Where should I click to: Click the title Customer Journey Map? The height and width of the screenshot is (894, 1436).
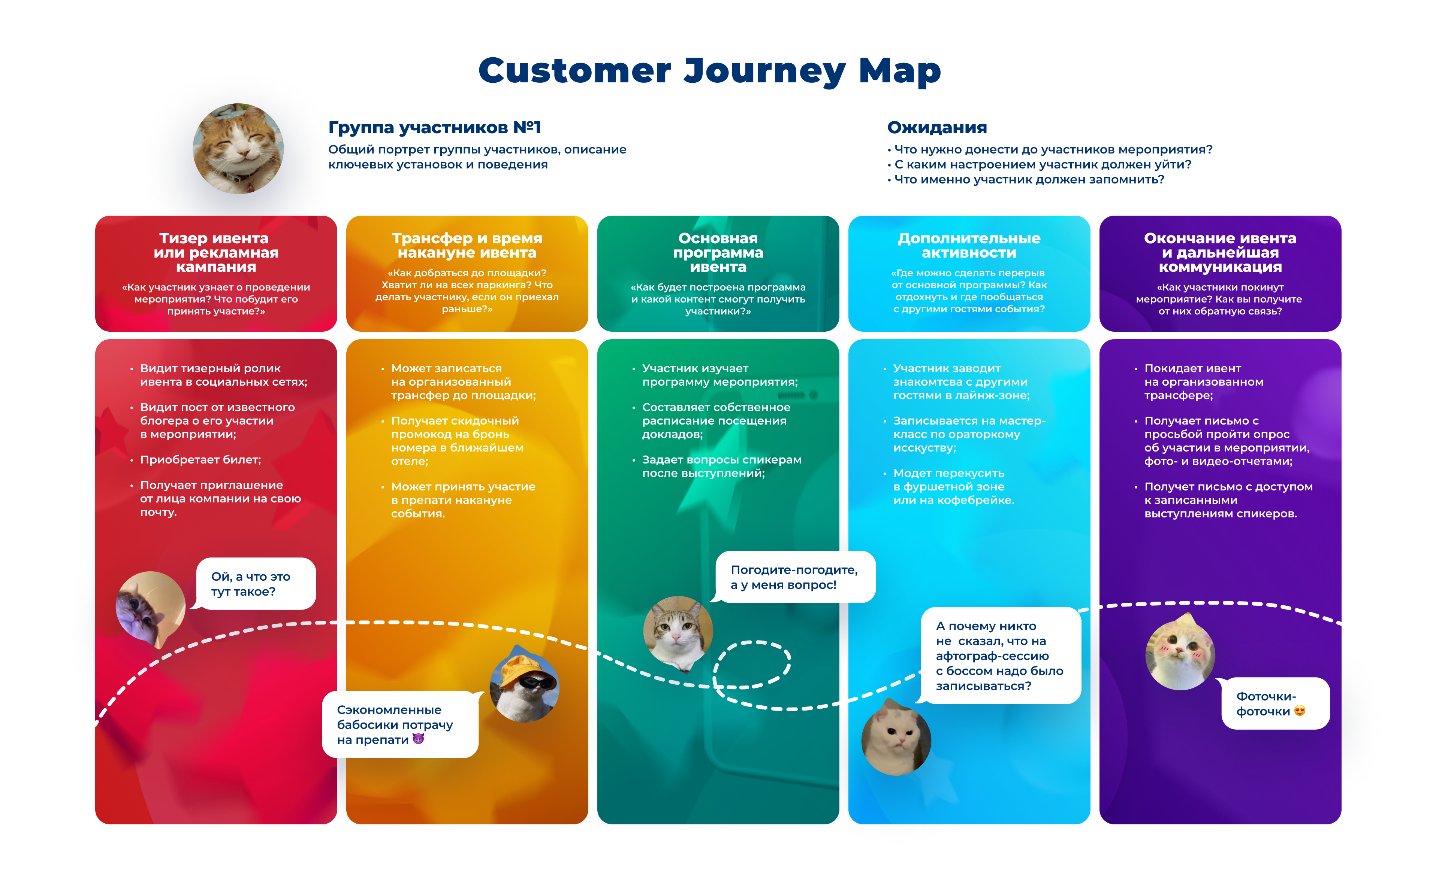coord(709,71)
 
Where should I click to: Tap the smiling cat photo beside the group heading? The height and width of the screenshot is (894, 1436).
coord(238,148)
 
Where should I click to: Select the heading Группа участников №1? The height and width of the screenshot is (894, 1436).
coord(434,127)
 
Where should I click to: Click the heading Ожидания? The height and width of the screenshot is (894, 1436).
coord(936,127)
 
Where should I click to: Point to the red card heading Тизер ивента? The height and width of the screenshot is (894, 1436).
coord(215,252)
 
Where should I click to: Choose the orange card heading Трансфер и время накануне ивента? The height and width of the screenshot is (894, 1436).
coord(467,245)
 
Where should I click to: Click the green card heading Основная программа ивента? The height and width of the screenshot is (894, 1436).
coord(718,252)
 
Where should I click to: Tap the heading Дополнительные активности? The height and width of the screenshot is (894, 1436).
coord(969,245)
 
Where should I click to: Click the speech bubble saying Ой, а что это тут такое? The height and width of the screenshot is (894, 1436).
coord(255,584)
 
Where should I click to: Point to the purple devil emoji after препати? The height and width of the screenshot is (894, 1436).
coord(418,739)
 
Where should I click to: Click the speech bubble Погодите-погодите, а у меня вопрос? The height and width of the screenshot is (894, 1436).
coord(794,577)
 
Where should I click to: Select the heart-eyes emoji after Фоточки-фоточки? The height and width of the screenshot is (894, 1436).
coord(1299,711)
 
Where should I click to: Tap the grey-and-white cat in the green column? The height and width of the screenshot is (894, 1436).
coord(678,632)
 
